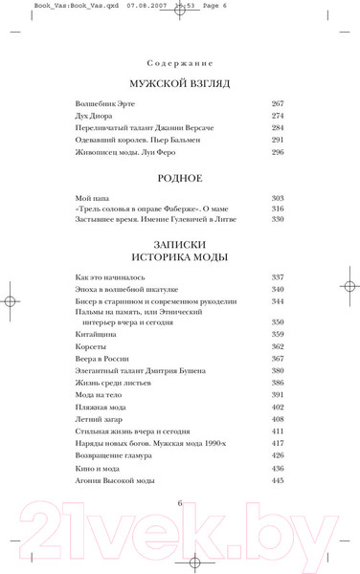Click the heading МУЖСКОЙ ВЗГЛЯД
coord(180,83)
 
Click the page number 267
coord(278,103)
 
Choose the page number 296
coord(278,151)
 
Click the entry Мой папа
coord(93,198)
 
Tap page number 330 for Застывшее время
coord(278,219)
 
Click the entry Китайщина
coord(99,335)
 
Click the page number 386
coord(278,383)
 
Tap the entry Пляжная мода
coord(102,407)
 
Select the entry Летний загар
coord(100,419)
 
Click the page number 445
coord(278,480)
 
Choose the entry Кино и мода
coord(100,469)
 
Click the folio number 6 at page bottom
coord(179,502)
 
